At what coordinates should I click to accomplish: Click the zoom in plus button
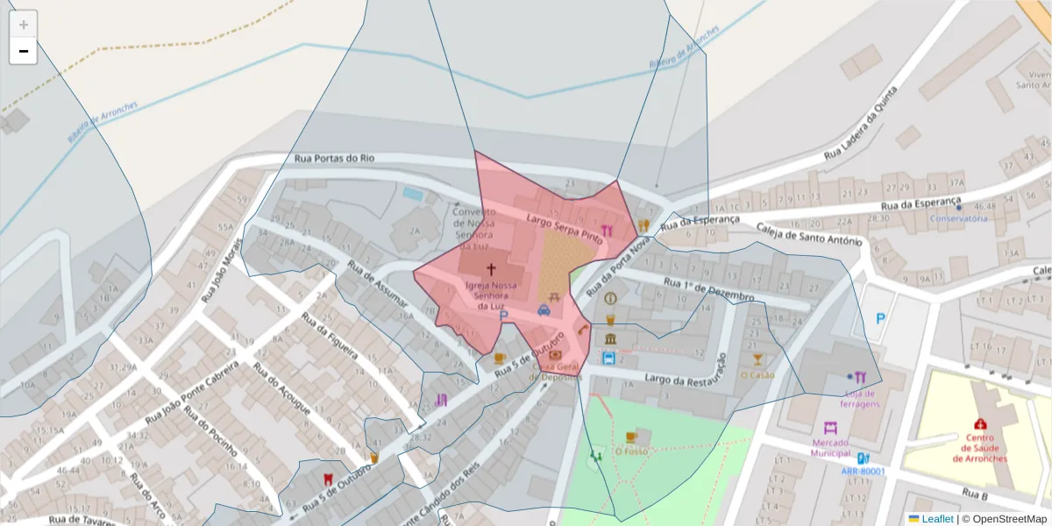pos(24,25)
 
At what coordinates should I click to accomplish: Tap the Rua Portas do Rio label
pos(334,159)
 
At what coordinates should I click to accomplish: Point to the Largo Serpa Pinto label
pos(564,226)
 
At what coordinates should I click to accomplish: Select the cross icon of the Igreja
pos(491,269)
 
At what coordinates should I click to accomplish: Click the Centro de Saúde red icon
pos(980,424)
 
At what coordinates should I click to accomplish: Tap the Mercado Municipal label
pos(831,448)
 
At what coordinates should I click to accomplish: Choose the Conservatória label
pos(958,218)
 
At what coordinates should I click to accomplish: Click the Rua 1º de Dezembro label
pos(708,290)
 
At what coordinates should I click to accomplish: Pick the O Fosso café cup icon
pos(630,437)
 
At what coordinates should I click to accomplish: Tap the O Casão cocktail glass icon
pos(757,359)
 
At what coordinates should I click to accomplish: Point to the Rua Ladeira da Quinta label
pos(860,123)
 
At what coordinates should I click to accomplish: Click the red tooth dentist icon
pos(328,479)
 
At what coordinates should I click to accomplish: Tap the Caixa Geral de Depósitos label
pos(557,372)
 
